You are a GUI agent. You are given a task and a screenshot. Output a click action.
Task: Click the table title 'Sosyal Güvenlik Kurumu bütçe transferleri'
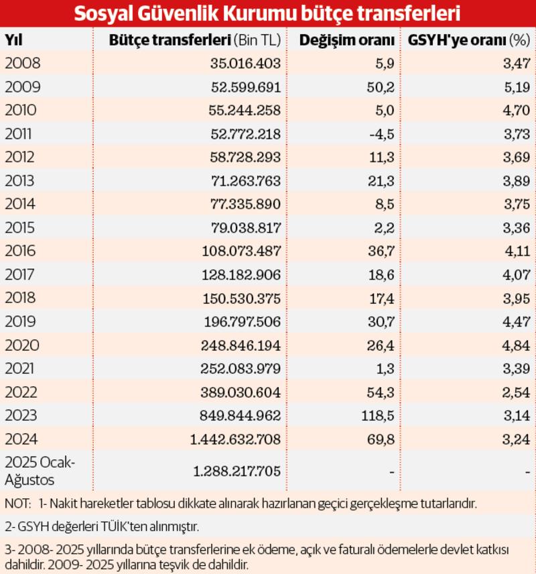click(267, 14)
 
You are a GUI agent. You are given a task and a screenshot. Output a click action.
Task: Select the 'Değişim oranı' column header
click(346, 40)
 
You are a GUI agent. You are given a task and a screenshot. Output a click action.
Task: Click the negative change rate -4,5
click(380, 133)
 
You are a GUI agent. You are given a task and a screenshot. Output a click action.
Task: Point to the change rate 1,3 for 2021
click(385, 368)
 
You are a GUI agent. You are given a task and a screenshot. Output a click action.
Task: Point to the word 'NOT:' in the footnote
click(17, 503)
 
